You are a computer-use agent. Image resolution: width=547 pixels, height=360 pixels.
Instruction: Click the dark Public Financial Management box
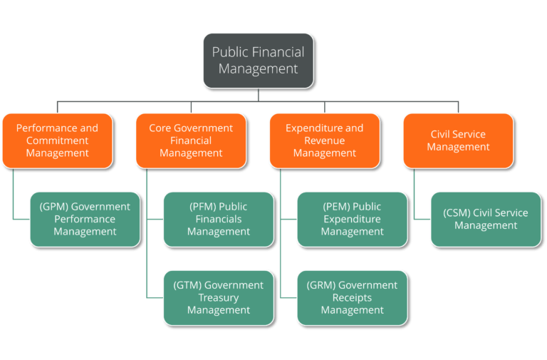point(258,61)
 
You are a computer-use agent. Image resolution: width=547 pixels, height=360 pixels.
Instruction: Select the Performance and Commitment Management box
point(57,140)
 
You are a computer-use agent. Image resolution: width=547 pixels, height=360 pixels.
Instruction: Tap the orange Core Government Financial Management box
point(191,140)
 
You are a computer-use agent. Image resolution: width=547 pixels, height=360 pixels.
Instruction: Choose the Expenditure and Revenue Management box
point(324,140)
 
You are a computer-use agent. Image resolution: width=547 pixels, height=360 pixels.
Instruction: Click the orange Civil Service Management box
point(458,140)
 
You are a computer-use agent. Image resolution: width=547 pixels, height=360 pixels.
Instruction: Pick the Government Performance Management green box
point(85,219)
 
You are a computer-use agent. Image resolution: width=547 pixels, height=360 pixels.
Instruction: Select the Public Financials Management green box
point(219,219)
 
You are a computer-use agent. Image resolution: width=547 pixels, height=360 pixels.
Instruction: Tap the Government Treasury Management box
point(219,297)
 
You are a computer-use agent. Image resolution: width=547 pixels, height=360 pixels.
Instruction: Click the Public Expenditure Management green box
point(352,219)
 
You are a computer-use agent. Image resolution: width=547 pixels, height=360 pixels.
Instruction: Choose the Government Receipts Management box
point(352,297)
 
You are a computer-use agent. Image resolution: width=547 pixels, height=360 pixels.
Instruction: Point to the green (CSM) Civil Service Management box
point(486,219)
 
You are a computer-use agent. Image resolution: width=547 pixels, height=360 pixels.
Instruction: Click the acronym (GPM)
point(53,207)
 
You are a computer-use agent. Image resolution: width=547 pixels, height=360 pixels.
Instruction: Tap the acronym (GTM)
point(187,285)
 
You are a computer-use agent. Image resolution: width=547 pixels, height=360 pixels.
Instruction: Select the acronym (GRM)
point(321,285)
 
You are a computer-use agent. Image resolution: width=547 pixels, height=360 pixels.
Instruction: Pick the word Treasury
point(219,297)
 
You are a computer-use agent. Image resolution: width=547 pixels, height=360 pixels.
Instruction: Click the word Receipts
point(352,297)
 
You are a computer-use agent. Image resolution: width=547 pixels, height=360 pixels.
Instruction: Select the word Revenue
point(325,140)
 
